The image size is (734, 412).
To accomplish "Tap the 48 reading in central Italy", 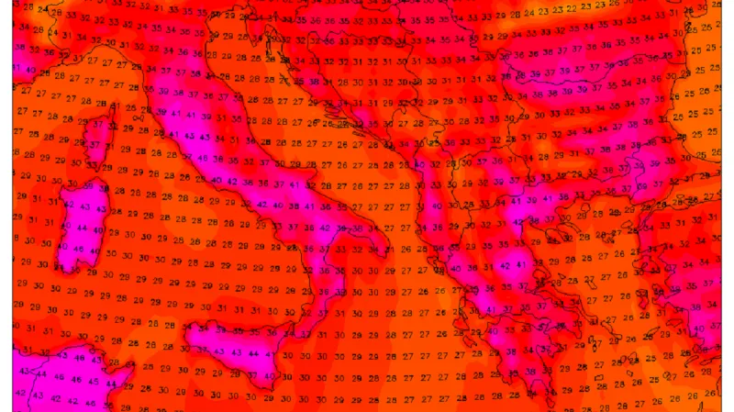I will point(217,157).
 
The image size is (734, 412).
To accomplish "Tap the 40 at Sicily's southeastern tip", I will point(267,375).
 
